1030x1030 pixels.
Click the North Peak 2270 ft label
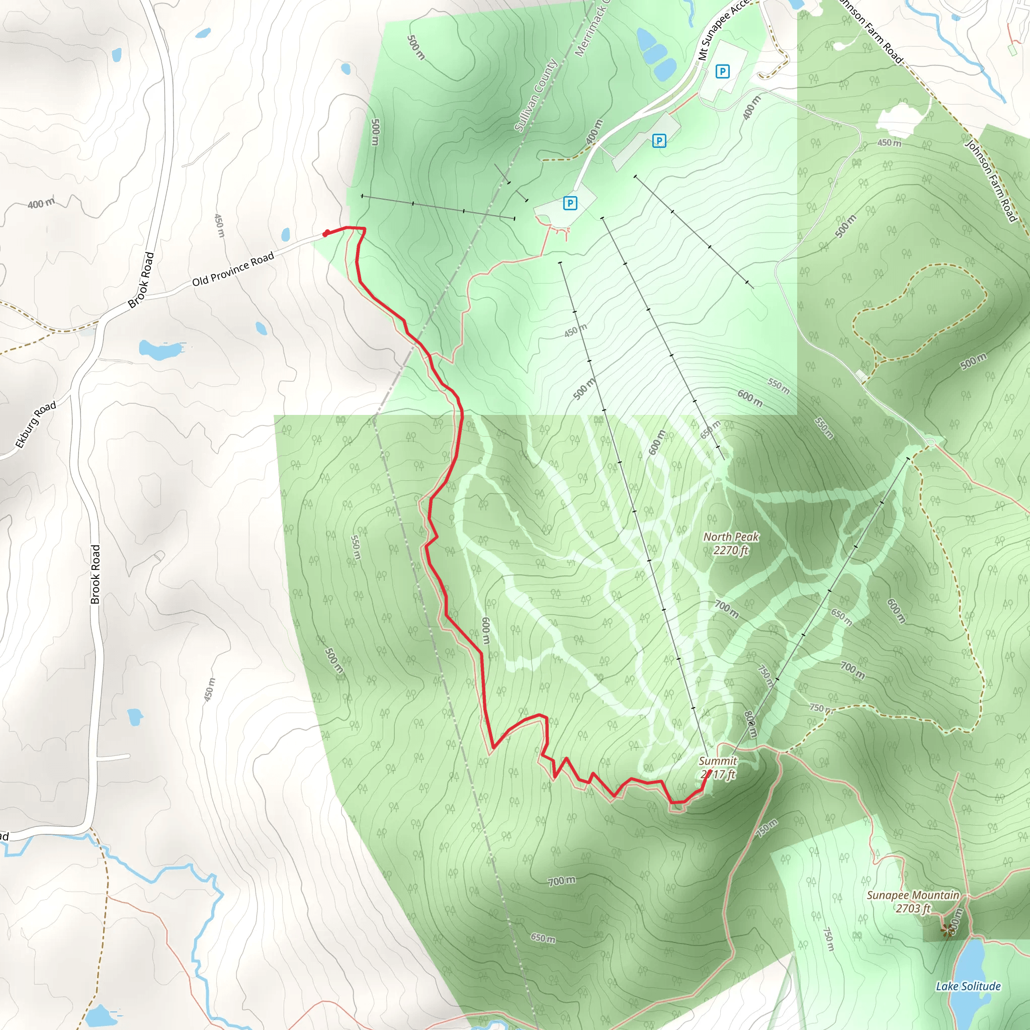tap(731, 543)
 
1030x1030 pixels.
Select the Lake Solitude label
tap(968, 986)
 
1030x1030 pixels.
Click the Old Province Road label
tap(233, 269)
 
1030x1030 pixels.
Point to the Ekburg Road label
tap(35, 424)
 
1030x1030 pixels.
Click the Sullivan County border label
tap(535, 95)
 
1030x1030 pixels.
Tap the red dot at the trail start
tap(326, 233)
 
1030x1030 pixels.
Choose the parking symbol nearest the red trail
tap(570, 203)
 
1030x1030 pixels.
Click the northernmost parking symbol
tap(722, 71)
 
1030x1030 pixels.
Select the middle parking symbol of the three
tap(659, 141)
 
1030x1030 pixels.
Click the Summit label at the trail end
tap(718, 767)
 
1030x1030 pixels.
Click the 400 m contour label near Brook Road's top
tap(41, 204)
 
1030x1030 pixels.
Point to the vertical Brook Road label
tap(96, 574)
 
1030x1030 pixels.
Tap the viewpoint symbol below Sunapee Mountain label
tap(947, 930)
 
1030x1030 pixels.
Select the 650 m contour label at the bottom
tap(543, 938)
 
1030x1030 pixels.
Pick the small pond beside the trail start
tap(286, 234)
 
